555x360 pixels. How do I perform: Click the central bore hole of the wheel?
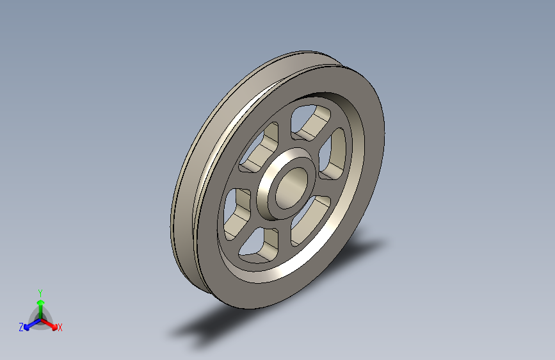pos(291,188)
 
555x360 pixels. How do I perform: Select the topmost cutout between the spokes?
pos(310,122)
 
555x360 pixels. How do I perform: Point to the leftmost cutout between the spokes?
pos(236,213)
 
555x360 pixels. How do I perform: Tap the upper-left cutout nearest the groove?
pos(259,148)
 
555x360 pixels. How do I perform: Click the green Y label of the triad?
pos(40,293)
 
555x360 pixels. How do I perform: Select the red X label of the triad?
pos(60,327)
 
